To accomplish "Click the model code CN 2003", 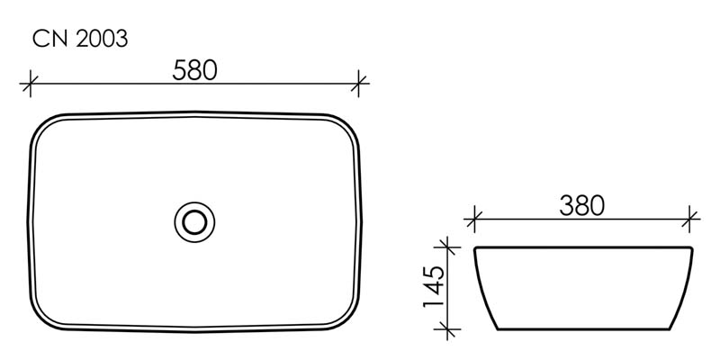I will [79, 39].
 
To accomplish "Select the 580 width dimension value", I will [195, 70].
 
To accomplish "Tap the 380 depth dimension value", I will [581, 205].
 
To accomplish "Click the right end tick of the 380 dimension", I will [690, 218].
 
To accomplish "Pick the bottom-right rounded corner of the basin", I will [346, 315].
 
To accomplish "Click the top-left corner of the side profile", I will [476, 248].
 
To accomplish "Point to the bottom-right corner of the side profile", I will [671, 328].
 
